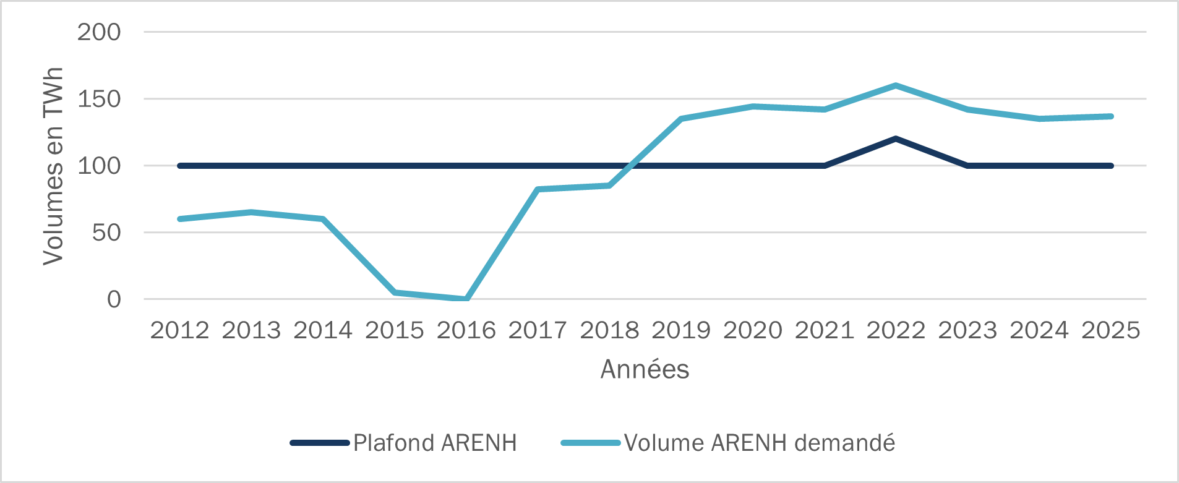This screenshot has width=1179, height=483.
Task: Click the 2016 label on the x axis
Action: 466,330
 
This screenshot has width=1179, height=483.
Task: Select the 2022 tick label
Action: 896,330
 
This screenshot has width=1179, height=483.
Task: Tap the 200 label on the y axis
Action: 99,32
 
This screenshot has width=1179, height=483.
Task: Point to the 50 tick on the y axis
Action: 106,233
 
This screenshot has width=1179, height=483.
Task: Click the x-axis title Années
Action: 645,369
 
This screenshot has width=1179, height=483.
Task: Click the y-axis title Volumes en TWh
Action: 53,166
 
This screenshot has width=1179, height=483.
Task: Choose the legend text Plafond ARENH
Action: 435,443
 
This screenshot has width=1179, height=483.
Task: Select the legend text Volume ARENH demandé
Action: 760,443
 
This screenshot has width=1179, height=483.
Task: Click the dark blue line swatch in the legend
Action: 320,443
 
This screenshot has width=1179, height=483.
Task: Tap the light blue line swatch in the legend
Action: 590,443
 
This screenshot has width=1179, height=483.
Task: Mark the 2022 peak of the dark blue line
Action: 896,139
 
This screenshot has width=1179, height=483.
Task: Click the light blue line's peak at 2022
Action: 896,85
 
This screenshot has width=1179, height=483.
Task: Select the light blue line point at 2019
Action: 681,119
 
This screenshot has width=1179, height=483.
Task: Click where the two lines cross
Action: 629,166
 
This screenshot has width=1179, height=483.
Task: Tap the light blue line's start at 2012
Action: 180,219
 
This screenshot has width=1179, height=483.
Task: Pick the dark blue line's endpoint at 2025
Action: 1111,166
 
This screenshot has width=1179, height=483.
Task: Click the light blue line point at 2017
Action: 538,189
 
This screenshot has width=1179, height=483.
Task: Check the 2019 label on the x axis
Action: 681,330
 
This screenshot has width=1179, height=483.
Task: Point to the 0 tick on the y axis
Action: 114,299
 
